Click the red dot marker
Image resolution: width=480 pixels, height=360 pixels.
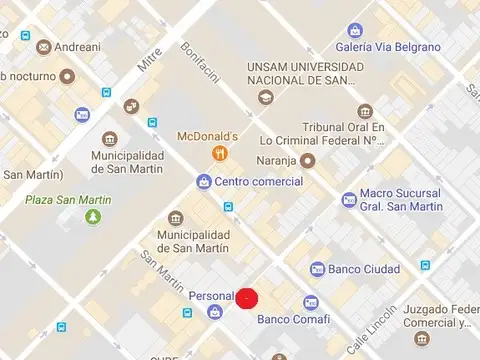(247, 297)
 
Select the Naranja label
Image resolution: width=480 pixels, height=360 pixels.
(280, 158)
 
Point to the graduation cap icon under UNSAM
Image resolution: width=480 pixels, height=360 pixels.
(264, 97)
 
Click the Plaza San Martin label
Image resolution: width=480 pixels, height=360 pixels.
(69, 199)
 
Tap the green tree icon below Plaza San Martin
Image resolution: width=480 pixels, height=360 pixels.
(93, 216)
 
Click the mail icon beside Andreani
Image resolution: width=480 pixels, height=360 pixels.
(43, 46)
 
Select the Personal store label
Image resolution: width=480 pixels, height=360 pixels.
(210, 296)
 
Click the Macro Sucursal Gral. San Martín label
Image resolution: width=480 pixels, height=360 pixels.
(401, 199)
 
